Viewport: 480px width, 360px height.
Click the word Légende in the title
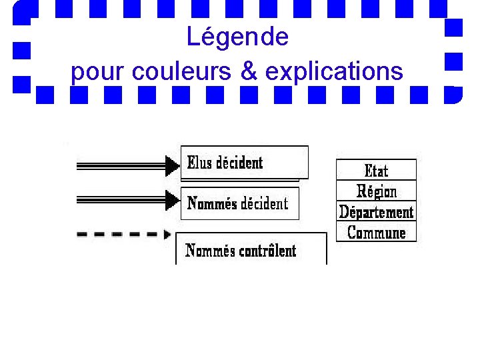click(237, 37)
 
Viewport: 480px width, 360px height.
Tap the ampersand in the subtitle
click(249, 71)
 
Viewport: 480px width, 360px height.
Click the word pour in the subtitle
click(99, 72)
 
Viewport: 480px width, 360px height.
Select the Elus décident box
click(244, 163)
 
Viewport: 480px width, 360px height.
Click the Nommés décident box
click(239, 203)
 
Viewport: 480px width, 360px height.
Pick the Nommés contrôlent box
click(251, 250)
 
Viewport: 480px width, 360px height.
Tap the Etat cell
click(376, 171)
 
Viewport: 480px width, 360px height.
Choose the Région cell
click(376, 191)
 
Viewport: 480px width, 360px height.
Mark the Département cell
click(376, 212)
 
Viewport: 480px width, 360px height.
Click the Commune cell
click(376, 233)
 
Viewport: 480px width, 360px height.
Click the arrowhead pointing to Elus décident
click(172, 165)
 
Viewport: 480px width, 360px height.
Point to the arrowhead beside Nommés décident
click(172, 199)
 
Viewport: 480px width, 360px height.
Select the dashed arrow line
click(117, 234)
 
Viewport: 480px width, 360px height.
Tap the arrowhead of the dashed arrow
click(167, 234)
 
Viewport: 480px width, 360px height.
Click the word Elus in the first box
click(199, 163)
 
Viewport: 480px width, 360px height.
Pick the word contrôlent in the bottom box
click(267, 251)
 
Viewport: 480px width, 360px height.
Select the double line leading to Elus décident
click(120, 165)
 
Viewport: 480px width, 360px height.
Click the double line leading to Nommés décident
click(120, 199)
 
